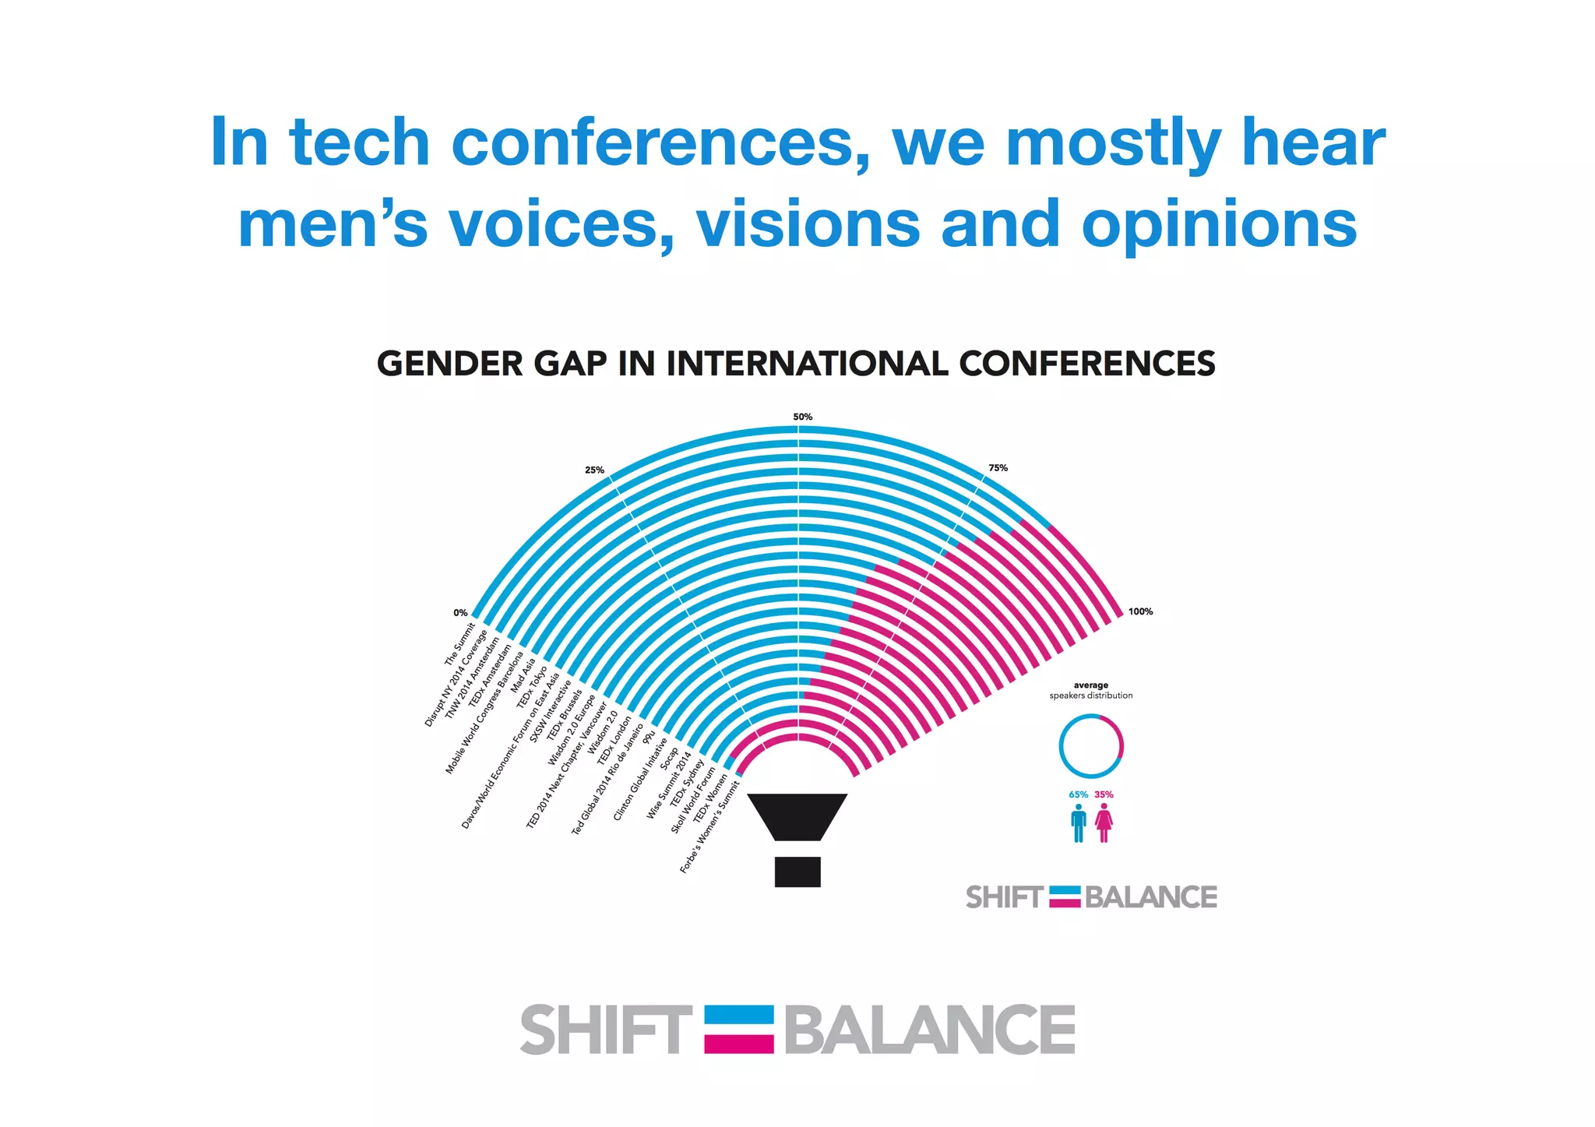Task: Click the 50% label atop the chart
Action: click(802, 417)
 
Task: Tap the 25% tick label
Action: click(594, 470)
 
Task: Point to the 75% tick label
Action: click(998, 468)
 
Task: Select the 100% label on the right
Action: click(1140, 611)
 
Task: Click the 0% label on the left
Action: click(460, 613)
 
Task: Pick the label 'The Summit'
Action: click(459, 644)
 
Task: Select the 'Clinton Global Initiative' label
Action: click(640, 779)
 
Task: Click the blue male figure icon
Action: click(1079, 823)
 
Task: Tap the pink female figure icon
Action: click(1104, 823)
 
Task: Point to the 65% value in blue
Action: click(1078, 794)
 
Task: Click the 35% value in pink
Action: click(1104, 794)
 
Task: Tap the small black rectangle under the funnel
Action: click(797, 872)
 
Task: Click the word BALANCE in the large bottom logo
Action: click(930, 1030)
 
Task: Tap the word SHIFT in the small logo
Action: click(1003, 897)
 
